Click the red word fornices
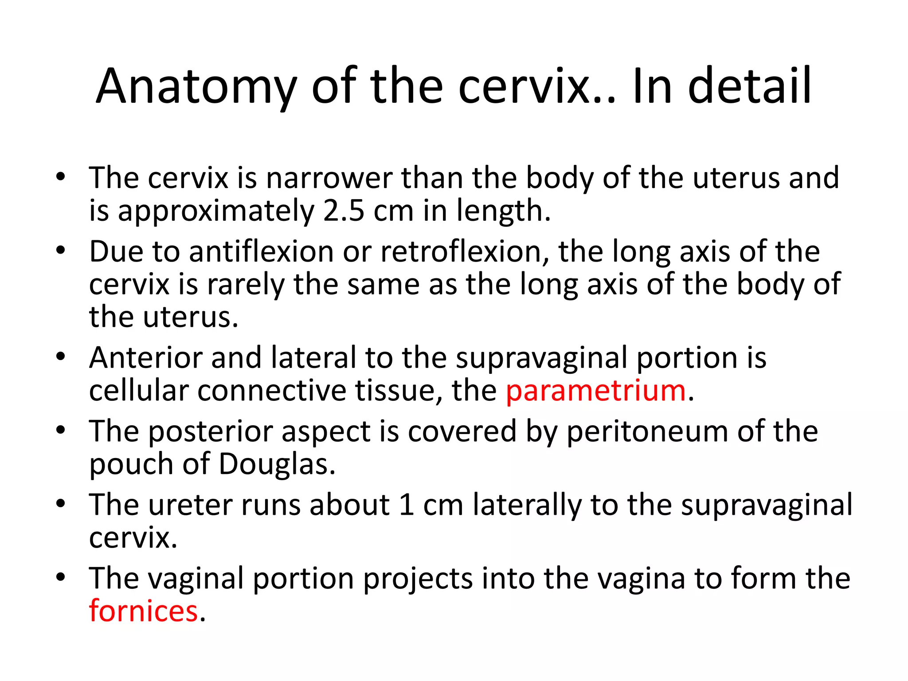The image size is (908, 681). [x=143, y=611]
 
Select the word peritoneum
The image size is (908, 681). [x=647, y=431]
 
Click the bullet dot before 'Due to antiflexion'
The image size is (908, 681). [x=61, y=250]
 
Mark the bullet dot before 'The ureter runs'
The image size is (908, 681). [x=61, y=504]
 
